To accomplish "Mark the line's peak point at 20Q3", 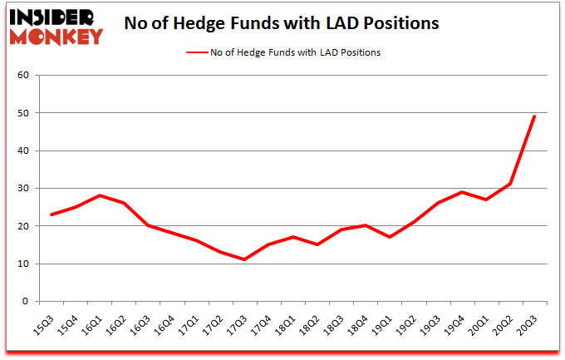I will [533, 116].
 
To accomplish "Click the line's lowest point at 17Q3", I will [244, 259].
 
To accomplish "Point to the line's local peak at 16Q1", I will [100, 195].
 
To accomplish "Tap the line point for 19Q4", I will [461, 192].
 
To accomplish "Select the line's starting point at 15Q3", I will [52, 215].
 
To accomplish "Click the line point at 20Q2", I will [509, 185].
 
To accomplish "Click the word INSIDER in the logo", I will [56, 17].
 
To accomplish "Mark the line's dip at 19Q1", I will [389, 237].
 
